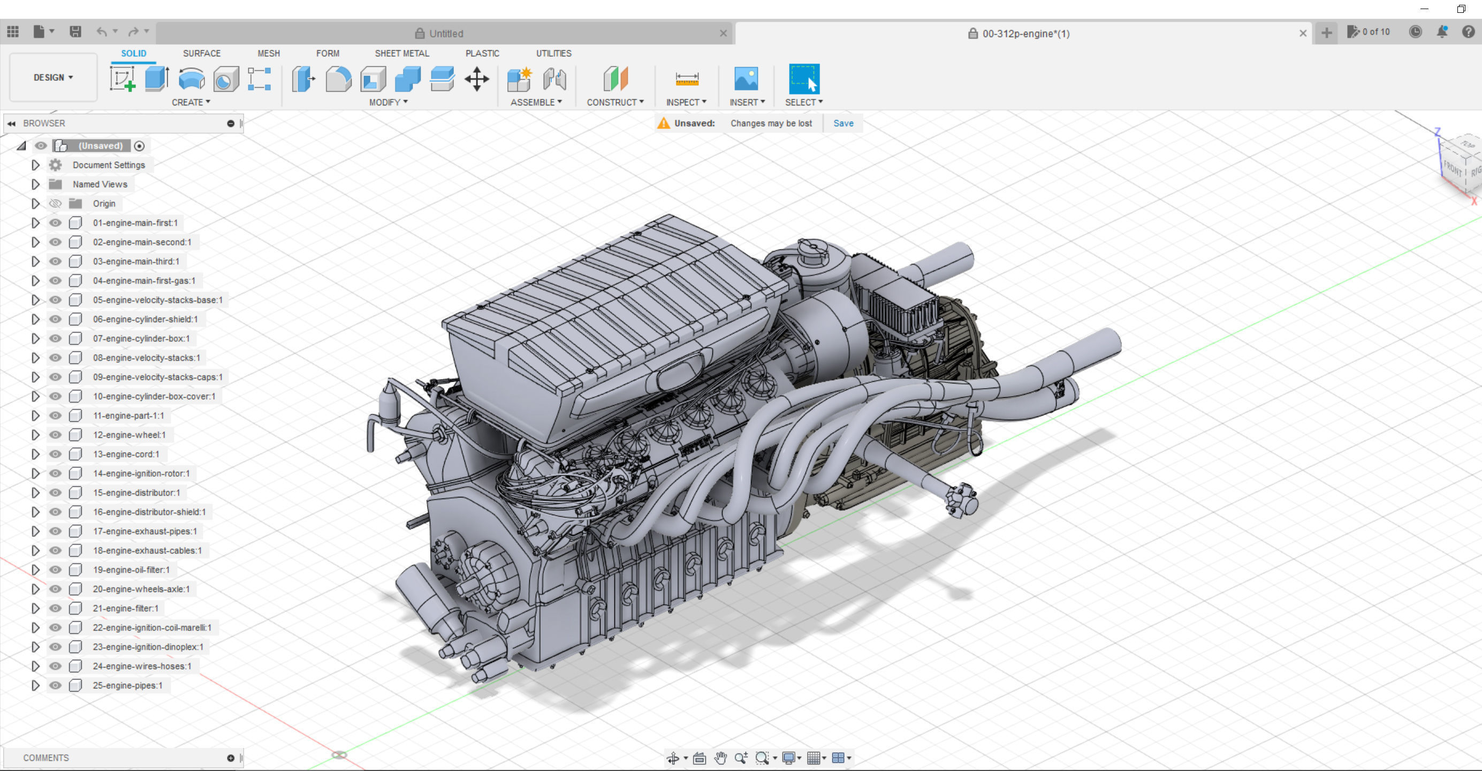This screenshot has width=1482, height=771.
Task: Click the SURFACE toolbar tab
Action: click(201, 53)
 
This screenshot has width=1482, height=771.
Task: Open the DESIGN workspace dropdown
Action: click(53, 77)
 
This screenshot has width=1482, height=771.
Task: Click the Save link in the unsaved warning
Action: click(843, 123)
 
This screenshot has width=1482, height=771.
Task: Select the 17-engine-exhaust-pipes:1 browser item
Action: click(145, 531)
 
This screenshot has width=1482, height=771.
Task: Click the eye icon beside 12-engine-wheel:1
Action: click(55, 435)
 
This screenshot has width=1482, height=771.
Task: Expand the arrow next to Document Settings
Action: click(35, 165)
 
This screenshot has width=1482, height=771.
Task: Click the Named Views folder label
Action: click(100, 184)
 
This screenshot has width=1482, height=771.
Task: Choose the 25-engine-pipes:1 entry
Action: click(127, 685)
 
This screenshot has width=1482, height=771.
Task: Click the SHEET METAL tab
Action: click(401, 53)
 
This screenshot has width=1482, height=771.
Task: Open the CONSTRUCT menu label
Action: click(614, 102)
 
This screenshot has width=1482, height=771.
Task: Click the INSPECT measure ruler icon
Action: click(686, 79)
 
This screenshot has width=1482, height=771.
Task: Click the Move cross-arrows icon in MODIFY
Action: click(476, 79)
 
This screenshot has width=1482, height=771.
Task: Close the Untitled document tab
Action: click(723, 33)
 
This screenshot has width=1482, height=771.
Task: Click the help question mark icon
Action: click(1468, 32)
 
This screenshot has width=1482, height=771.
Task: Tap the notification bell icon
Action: click(1442, 32)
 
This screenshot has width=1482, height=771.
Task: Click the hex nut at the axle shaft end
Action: click(961, 500)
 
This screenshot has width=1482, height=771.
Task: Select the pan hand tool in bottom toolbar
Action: click(720, 758)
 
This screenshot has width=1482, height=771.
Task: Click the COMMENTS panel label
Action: click(46, 758)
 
